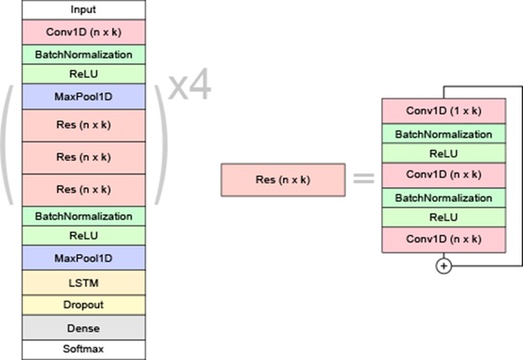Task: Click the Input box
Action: (84, 9)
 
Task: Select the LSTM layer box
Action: (84, 283)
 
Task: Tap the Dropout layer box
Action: (84, 305)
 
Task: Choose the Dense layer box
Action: (84, 328)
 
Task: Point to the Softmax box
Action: (84, 349)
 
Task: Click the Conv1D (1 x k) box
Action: (443, 111)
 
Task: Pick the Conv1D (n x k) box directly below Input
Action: (84, 32)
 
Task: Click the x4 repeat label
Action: (190, 85)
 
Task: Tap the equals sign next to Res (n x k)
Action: (364, 178)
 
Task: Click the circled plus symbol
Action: (443, 266)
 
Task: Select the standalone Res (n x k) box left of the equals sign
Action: (283, 180)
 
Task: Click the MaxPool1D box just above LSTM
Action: (84, 258)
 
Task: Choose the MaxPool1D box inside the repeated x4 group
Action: (84, 97)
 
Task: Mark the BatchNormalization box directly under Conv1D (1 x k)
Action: (443, 134)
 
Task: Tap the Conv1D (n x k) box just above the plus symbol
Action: (443, 240)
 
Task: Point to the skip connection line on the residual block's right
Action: (522, 176)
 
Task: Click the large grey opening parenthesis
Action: (7, 144)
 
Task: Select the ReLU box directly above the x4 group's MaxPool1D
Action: (84, 74)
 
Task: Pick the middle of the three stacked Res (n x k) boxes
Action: (84, 158)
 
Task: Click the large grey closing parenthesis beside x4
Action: (161, 144)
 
